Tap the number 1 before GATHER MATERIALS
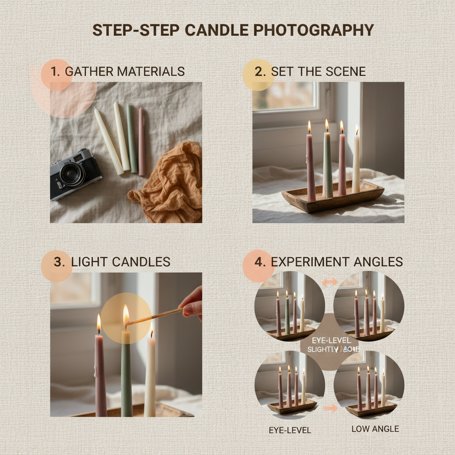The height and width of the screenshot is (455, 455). pyautogui.click(x=55, y=71)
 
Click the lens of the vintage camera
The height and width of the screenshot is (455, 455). pyautogui.click(x=72, y=174)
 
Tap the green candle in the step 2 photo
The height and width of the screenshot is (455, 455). pyautogui.click(x=327, y=164)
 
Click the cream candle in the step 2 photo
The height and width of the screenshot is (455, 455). pyautogui.click(x=356, y=164)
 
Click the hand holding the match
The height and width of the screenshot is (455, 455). pyautogui.click(x=192, y=304)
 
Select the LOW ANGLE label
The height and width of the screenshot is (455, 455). pyautogui.click(x=375, y=429)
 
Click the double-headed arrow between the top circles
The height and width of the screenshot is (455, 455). pyautogui.click(x=329, y=282)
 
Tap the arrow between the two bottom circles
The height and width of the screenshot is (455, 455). pyautogui.click(x=329, y=408)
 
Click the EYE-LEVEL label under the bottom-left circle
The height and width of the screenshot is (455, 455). pyautogui.click(x=290, y=430)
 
